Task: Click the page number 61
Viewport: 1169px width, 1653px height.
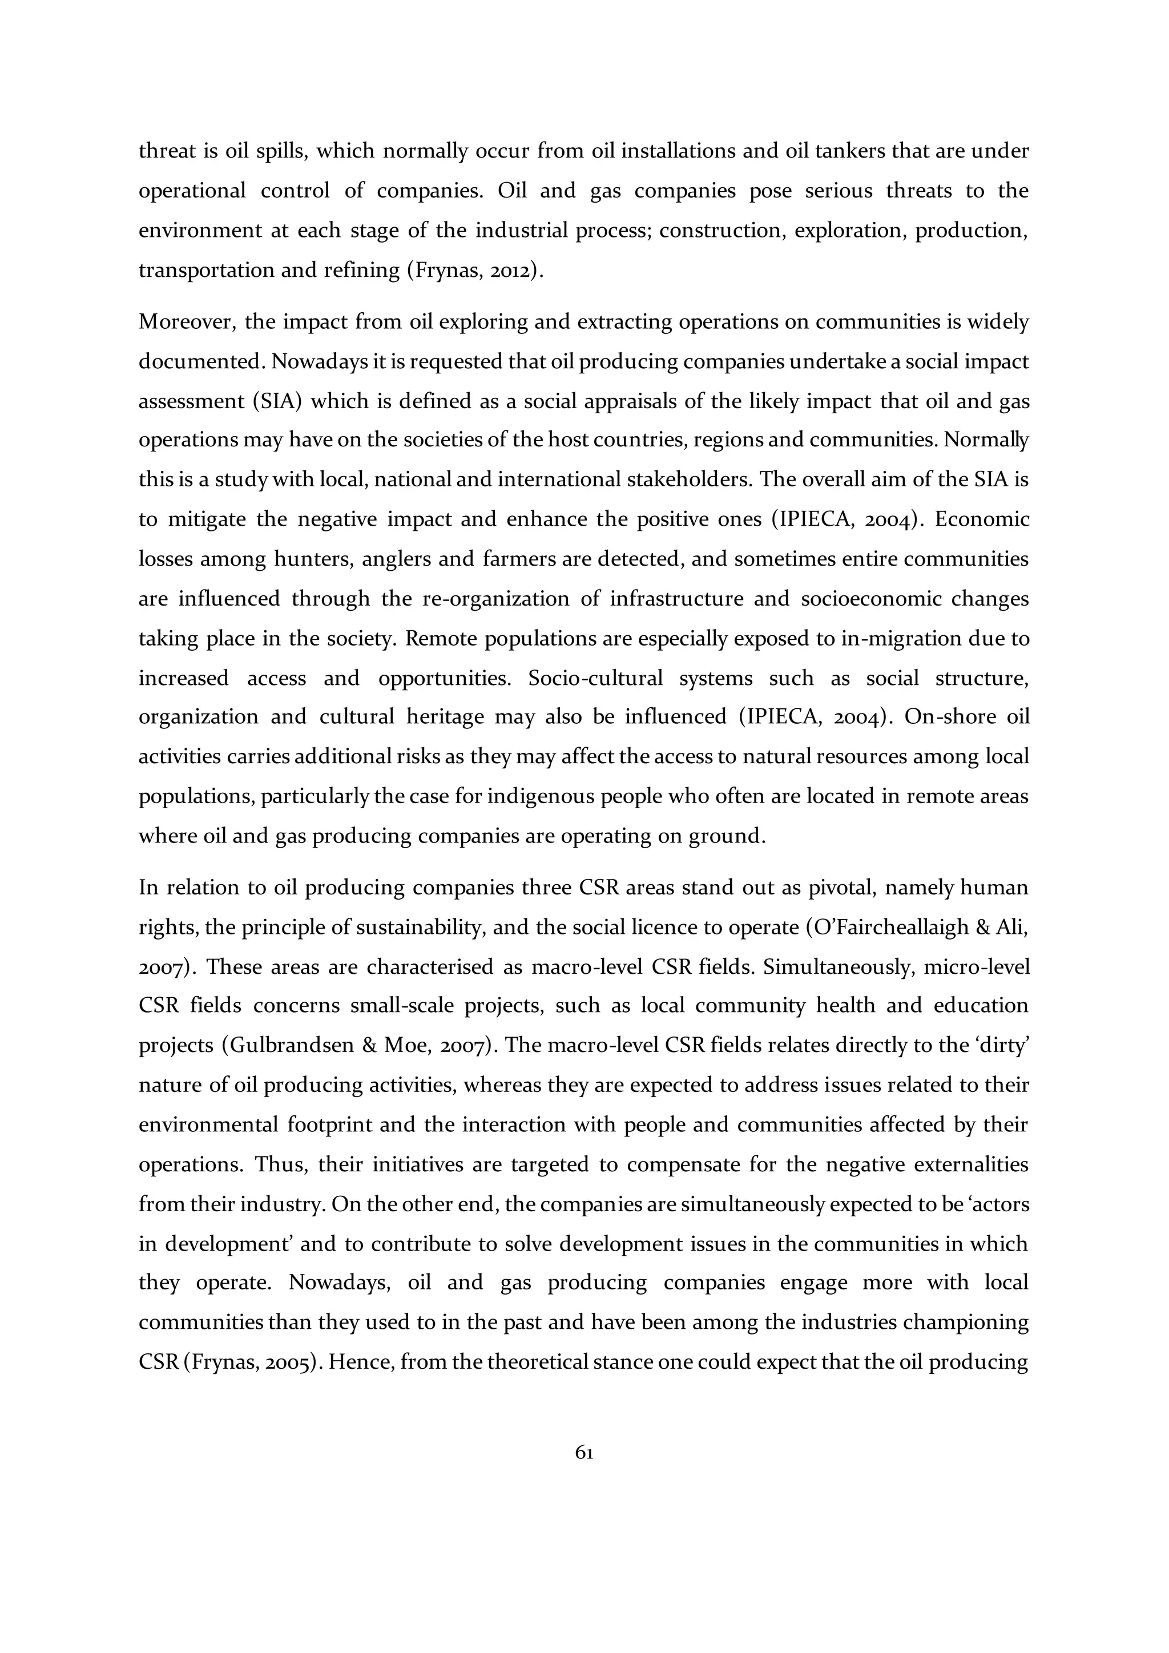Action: pyautogui.click(x=584, y=1453)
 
